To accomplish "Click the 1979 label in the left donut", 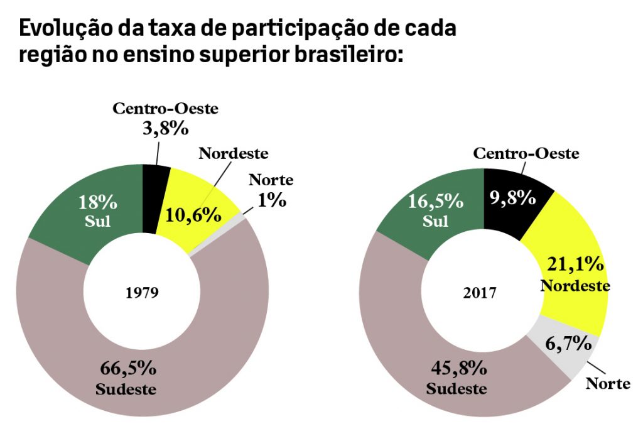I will coord(141,293).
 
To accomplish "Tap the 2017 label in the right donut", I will coord(480,293).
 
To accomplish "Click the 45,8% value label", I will coord(458,367).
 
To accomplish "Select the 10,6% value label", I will coord(193,215).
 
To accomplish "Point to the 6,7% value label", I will coord(568,344).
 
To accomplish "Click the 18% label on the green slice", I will coord(97,202).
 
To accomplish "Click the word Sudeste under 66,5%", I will coord(126,389).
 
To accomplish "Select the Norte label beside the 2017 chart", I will coord(607,383).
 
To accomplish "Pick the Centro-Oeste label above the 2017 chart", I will coord(526,153).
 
